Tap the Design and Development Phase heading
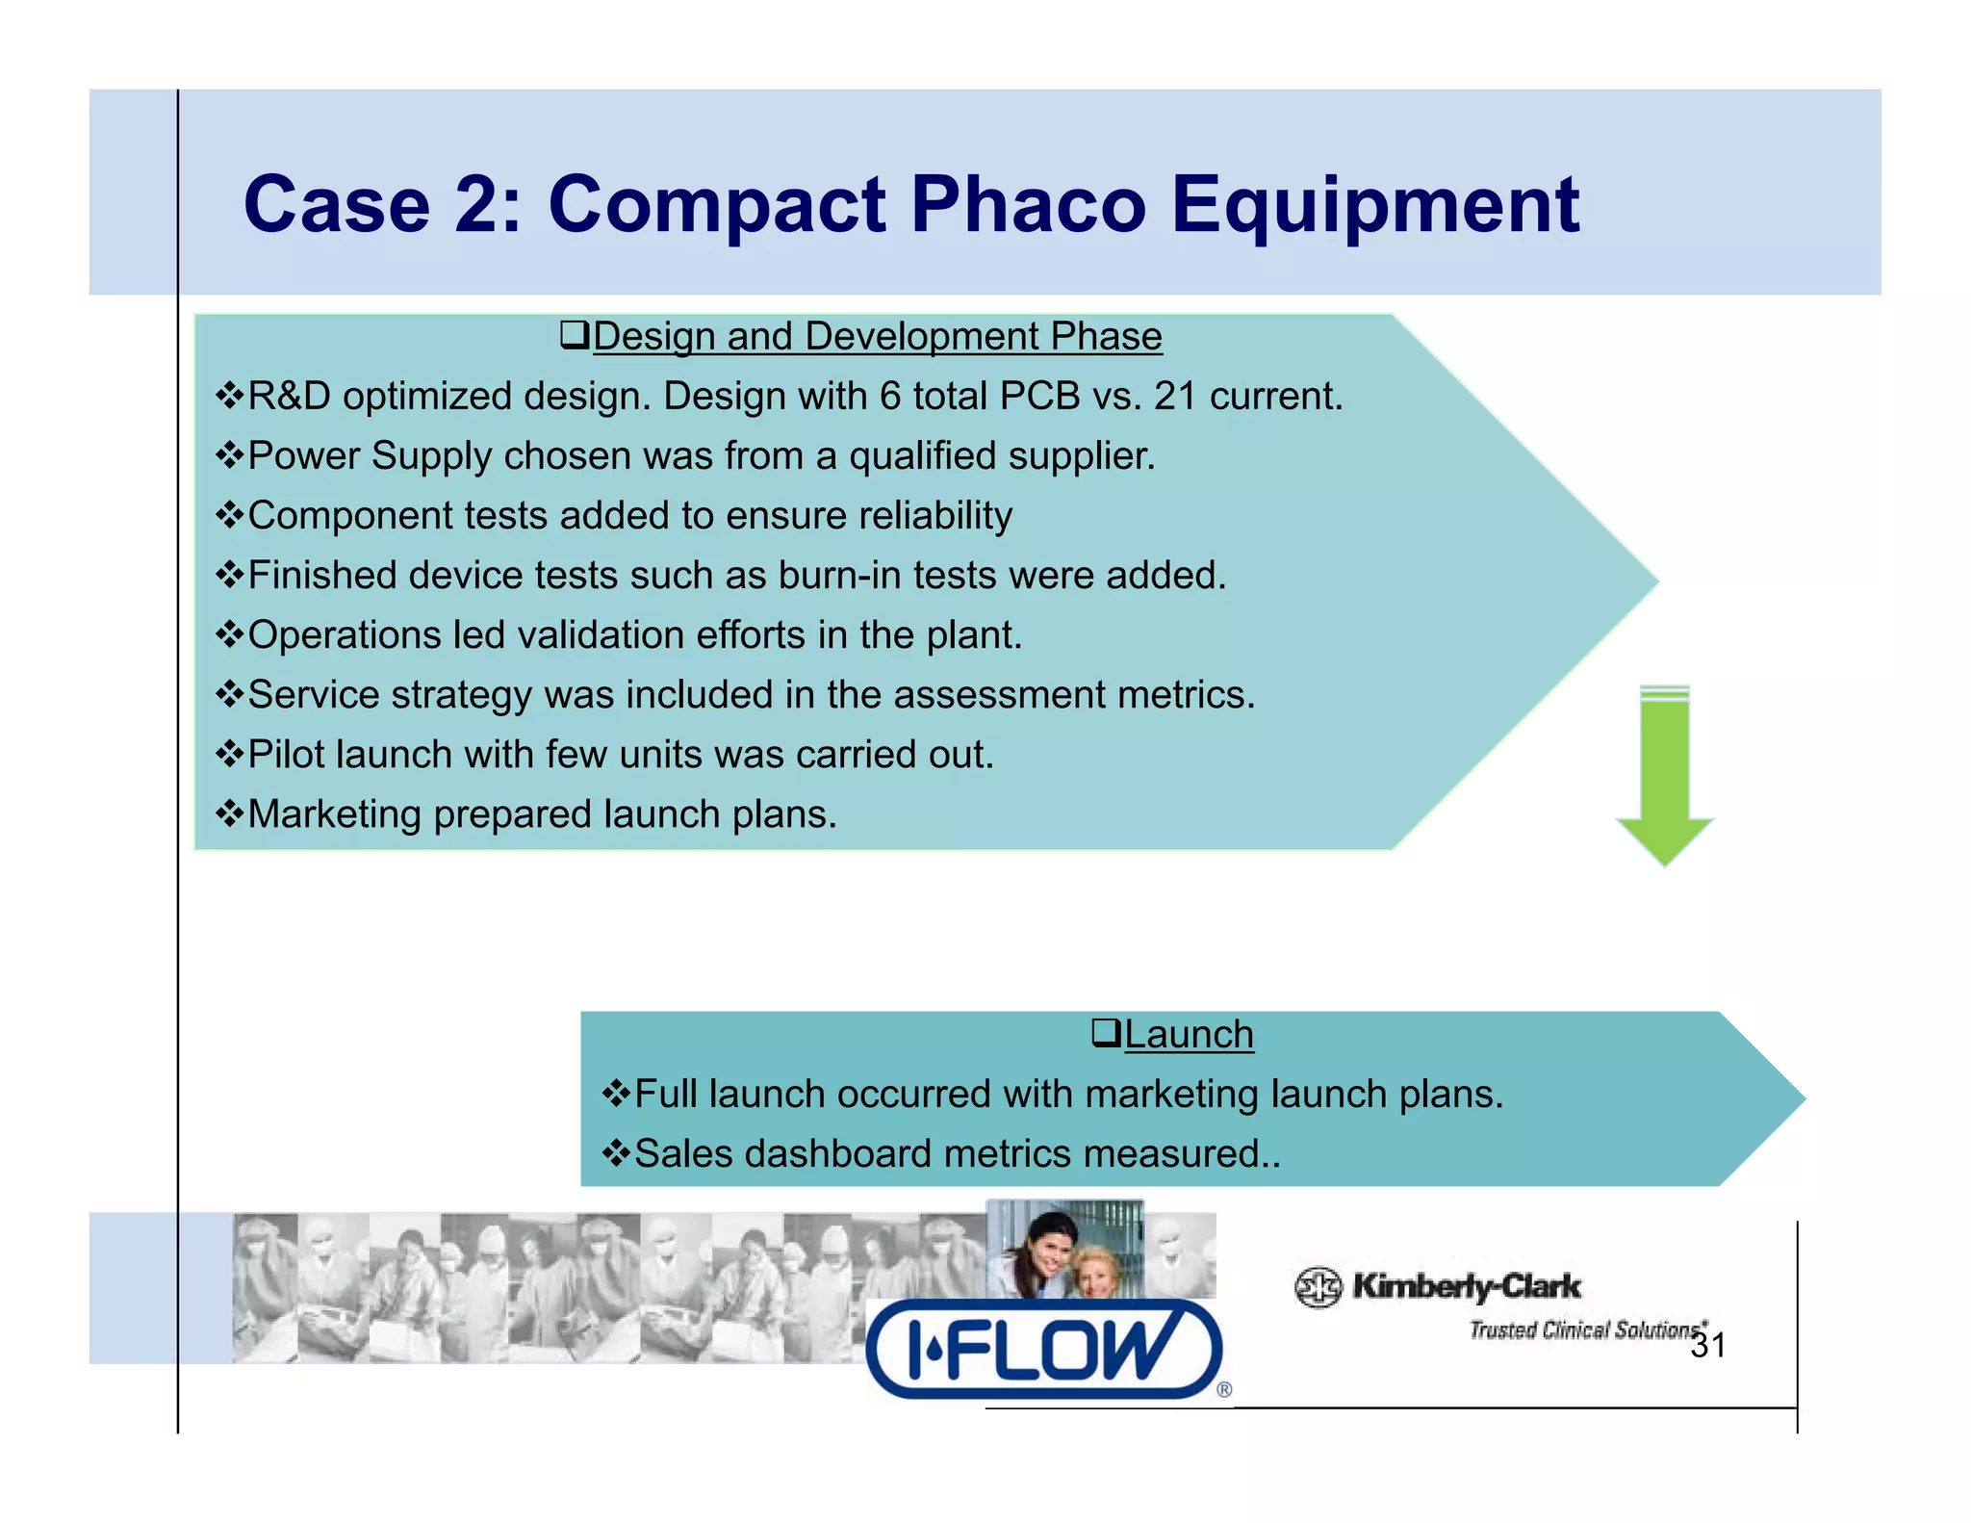(877, 337)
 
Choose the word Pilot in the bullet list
(286, 755)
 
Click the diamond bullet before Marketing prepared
(230, 814)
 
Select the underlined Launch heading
(1189, 1035)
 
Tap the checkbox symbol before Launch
(1106, 1034)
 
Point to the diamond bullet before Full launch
(616, 1094)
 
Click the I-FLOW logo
(1044, 1349)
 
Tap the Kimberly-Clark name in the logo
(1466, 1286)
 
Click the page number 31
(1708, 1346)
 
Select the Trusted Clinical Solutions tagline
(1583, 1330)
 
